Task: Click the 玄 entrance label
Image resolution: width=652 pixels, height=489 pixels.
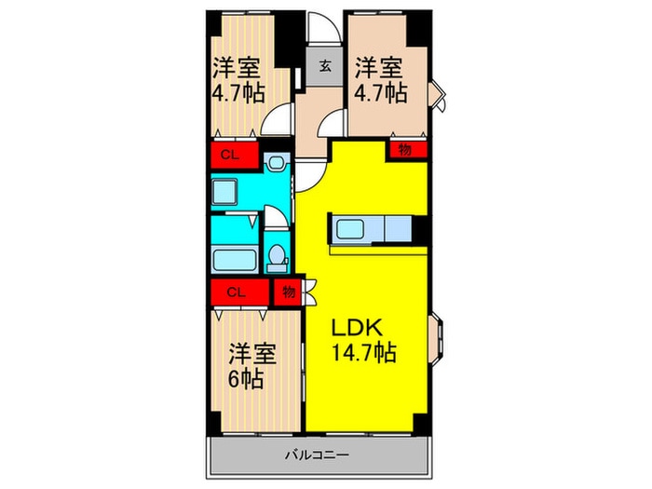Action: coord(326,66)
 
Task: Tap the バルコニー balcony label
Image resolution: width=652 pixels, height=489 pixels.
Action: coord(317,455)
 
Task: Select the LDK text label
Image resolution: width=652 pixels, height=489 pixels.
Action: coord(357,329)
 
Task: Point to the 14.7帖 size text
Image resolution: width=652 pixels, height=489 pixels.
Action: coord(363,353)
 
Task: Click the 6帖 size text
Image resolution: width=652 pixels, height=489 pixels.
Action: coord(246,378)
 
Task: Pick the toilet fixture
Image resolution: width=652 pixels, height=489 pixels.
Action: coord(277,258)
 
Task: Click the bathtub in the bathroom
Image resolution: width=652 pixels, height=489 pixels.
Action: coord(235,260)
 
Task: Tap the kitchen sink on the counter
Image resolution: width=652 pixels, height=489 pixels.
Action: coord(349,229)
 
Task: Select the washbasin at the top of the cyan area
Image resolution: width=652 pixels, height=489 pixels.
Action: coord(276,161)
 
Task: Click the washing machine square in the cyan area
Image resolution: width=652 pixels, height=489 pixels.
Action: coord(224,192)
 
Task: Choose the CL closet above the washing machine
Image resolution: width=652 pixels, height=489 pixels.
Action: coord(234,156)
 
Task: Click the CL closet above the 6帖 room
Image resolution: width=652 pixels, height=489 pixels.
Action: coord(239,292)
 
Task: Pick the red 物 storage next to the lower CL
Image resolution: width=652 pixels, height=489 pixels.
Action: coord(288,292)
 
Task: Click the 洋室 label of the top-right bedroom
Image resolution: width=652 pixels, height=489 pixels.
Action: coord(378,68)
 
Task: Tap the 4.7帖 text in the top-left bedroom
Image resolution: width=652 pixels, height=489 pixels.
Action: coord(238,93)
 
